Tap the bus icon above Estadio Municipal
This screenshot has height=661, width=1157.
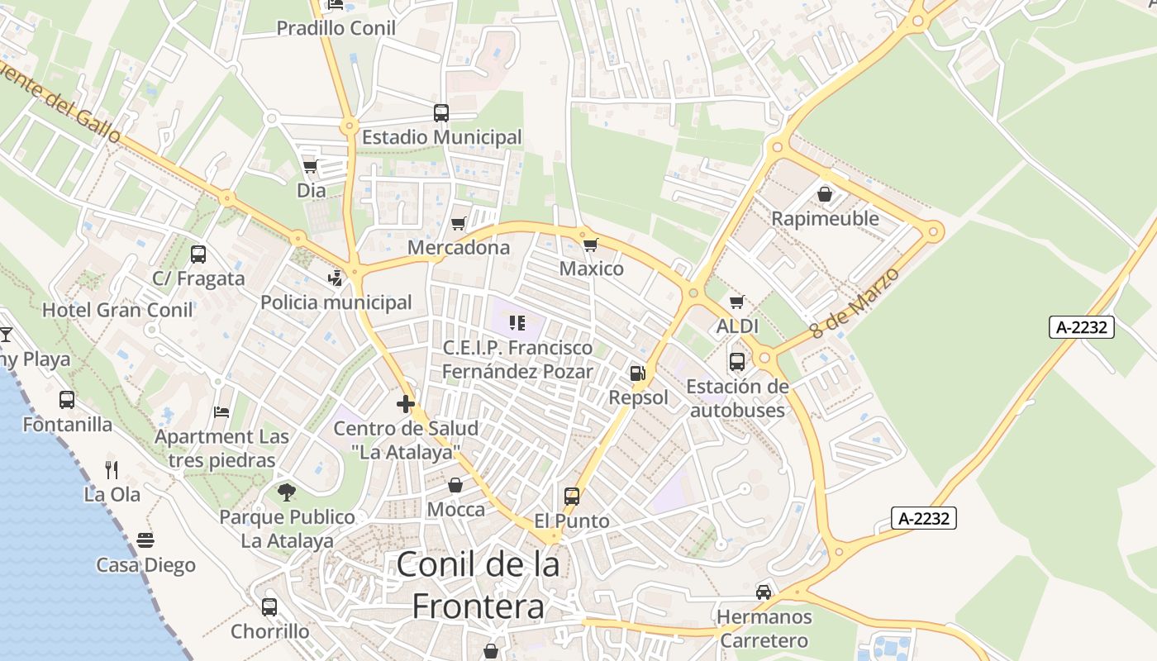[441, 113]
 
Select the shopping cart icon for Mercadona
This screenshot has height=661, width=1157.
[458, 223]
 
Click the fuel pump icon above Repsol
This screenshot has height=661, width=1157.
[637, 373]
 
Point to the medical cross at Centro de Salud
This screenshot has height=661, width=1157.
[405, 404]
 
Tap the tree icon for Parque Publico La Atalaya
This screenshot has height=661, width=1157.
[287, 492]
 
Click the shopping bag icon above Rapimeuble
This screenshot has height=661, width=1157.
[825, 194]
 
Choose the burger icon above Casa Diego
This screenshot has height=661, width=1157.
[145, 540]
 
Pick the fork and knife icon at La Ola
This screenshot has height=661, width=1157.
[112, 470]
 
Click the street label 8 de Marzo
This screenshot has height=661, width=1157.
[854, 302]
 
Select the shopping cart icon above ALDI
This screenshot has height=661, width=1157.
[736, 302]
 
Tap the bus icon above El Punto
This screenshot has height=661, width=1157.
[571, 497]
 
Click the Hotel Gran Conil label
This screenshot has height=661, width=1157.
[117, 310]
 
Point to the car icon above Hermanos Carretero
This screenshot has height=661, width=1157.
[764, 592]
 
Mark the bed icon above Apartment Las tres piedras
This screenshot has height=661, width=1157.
[221, 411]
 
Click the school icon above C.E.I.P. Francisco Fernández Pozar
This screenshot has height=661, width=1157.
[517, 322]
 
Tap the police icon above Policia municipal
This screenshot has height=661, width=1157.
[336, 278]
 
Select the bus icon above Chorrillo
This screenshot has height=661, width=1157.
[269, 607]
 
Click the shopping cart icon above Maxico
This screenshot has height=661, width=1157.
[590, 245]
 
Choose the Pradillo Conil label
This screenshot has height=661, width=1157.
[336, 28]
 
